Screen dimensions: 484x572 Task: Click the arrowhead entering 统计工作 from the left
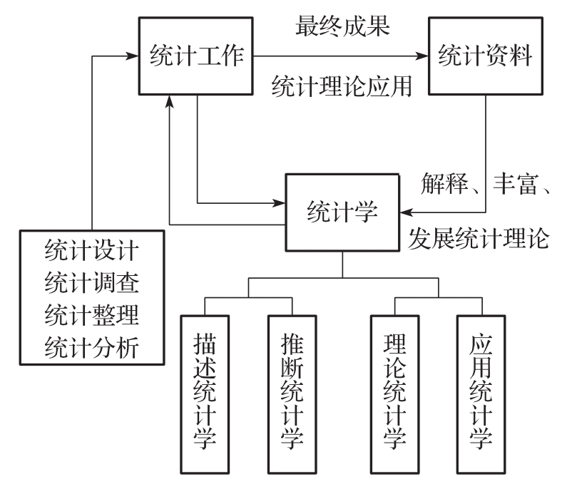(x=133, y=54)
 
